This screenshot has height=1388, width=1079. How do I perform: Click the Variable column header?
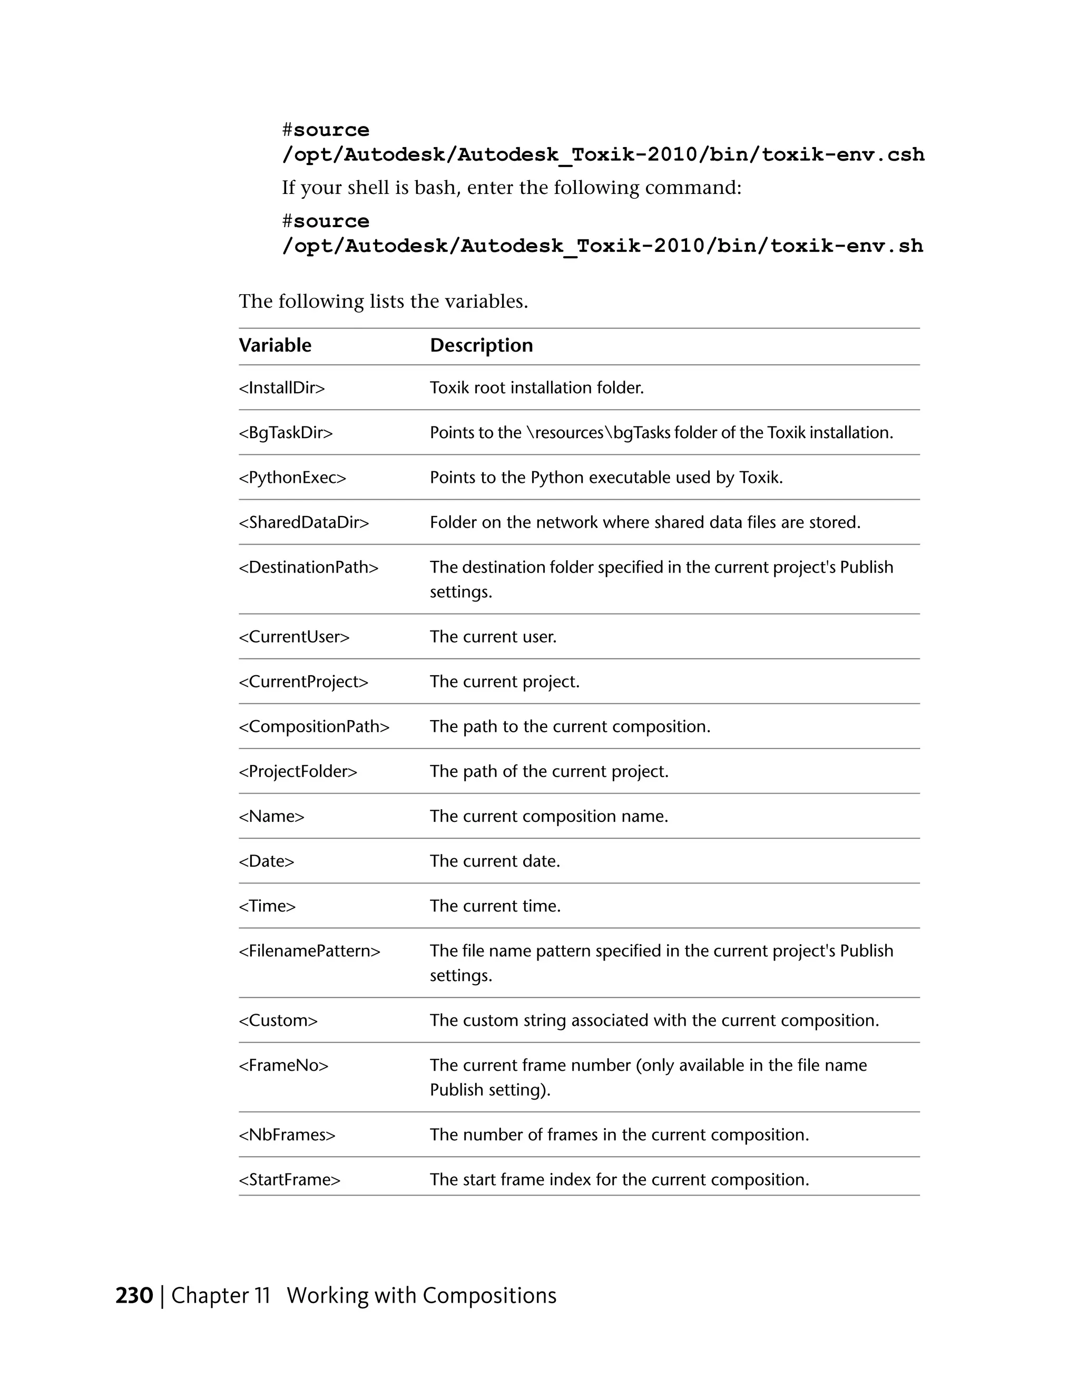(275, 345)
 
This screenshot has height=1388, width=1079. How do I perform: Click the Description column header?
(482, 345)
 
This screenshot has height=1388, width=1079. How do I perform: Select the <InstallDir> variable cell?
(282, 387)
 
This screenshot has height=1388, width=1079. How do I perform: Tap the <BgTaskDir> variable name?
(286, 433)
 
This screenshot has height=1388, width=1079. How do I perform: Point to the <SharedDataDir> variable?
(304, 522)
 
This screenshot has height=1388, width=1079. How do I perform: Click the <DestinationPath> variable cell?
(309, 567)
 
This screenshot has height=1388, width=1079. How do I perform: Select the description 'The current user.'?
(493, 637)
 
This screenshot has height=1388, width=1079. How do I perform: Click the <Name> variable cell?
(272, 816)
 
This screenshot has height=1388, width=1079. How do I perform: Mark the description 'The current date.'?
(495, 861)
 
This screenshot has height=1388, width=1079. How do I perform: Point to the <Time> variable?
(267, 906)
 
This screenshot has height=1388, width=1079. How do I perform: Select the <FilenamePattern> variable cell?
(310, 951)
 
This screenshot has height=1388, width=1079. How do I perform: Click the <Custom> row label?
(278, 1021)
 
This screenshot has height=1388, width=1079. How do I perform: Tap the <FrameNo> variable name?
(284, 1065)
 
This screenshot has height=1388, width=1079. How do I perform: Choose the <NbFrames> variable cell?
(287, 1135)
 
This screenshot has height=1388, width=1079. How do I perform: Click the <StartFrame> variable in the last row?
(290, 1180)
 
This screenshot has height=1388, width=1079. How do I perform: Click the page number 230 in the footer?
(134, 1296)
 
